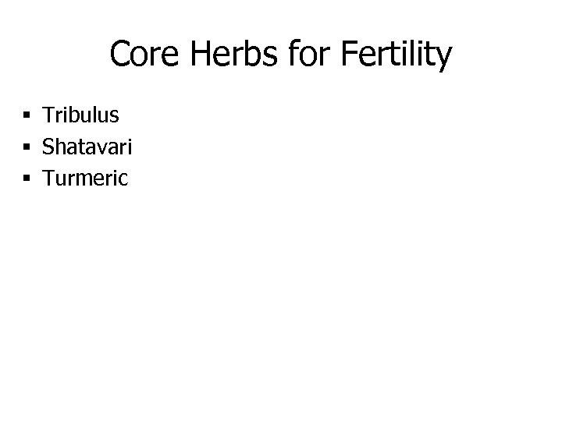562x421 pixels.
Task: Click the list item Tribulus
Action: pyautogui.click(x=81, y=115)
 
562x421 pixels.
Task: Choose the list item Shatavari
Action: pyautogui.click(x=86, y=147)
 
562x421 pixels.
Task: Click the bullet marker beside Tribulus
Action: pyautogui.click(x=27, y=116)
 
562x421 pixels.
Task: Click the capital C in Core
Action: pyautogui.click(x=120, y=55)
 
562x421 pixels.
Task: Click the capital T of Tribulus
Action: pyautogui.click(x=48, y=115)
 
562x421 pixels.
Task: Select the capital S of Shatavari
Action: pyautogui.click(x=49, y=147)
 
